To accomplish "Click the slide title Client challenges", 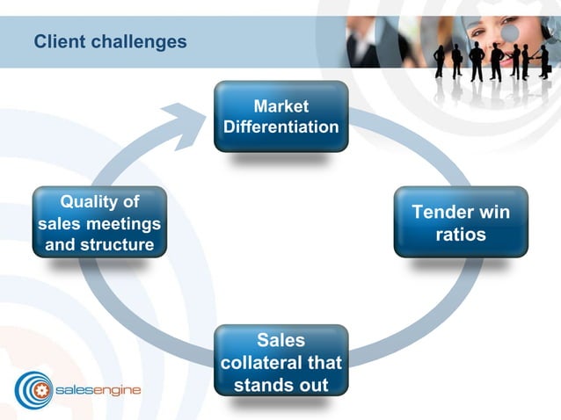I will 110,41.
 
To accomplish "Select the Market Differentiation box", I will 280,116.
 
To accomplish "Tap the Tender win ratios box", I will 460,222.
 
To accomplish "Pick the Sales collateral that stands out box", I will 280,361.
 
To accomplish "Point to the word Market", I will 280,106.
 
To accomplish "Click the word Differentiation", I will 280,127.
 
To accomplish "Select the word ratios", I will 460,235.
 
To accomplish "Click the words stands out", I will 280,385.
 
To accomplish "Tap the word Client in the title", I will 55,41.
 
